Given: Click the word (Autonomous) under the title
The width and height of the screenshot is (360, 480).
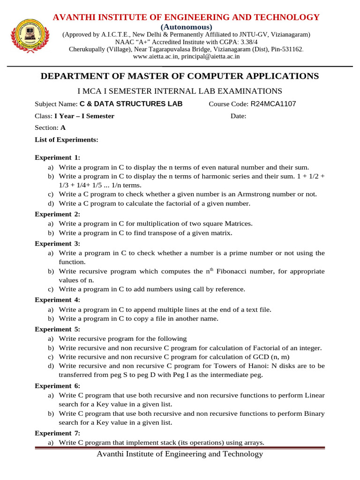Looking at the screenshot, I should (187, 27).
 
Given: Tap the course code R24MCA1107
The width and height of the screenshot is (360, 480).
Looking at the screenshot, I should (273, 104).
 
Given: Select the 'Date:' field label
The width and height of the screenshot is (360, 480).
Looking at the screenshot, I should (239, 116).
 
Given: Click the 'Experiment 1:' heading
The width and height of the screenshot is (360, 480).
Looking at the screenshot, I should (57, 157).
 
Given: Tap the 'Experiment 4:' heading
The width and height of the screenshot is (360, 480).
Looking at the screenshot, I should (57, 300).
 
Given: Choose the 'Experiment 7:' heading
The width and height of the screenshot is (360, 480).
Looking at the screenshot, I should (57, 433).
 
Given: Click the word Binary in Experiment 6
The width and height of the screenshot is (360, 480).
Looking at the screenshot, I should (314, 414).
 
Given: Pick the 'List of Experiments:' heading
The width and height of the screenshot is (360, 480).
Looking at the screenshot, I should (67, 140).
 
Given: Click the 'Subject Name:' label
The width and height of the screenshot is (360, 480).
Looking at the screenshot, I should (56, 104).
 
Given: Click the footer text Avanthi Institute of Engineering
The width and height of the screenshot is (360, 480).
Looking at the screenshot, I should (180, 454).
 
